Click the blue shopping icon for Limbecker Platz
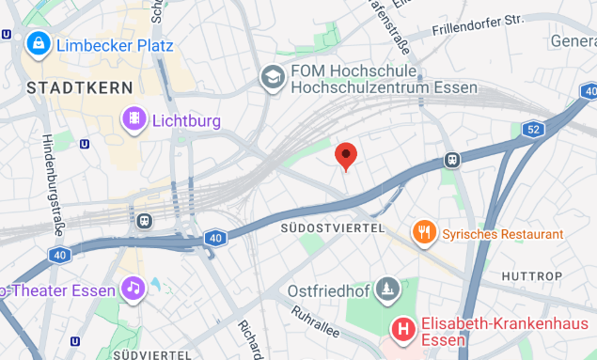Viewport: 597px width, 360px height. (x=39, y=42)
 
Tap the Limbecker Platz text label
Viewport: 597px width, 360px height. (x=115, y=44)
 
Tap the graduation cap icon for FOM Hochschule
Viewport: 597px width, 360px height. (x=273, y=78)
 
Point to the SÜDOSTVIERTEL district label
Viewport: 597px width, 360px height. (x=333, y=228)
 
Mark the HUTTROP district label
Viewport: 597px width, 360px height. (x=532, y=276)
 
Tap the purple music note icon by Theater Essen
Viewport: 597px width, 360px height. (x=133, y=288)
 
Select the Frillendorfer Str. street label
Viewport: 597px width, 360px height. (x=490, y=24)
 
